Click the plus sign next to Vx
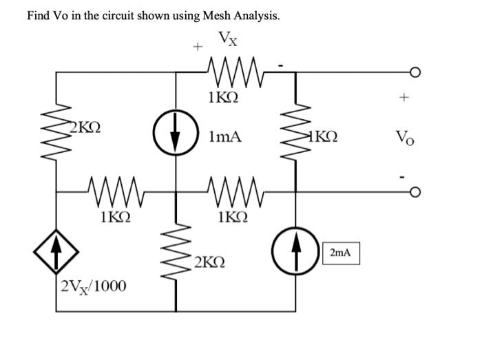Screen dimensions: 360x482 pyautogui.click(x=197, y=47)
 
